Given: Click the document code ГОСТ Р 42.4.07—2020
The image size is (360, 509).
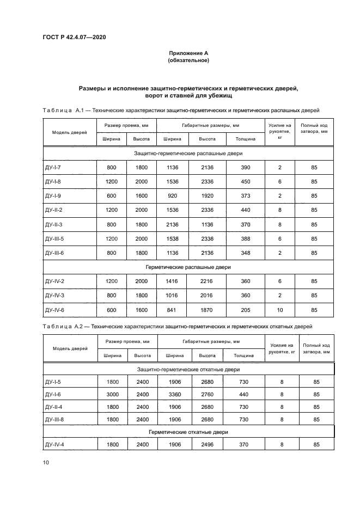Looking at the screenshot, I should coord(75,37).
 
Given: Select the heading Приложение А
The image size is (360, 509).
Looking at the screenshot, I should coord(188,53).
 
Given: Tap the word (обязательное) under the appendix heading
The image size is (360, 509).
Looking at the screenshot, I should coord(188,60).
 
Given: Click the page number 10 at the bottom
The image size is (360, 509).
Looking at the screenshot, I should coord(46,462).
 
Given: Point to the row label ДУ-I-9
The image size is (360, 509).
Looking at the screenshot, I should coord(54,195).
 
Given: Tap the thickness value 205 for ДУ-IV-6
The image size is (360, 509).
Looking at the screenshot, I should coord(246,310).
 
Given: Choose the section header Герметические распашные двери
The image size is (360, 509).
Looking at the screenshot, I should coord(188,267).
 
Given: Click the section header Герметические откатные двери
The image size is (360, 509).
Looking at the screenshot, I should coord(188,432).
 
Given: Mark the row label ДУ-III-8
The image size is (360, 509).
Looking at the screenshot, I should coord(55,419).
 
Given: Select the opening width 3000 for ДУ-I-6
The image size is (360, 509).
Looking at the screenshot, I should coord(112,394).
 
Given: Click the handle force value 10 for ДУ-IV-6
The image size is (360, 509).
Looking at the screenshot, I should coord(280,310).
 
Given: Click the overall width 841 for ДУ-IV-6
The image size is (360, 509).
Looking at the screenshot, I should coord(171,310).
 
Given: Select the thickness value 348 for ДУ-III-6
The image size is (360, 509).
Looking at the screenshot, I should coord(246,252).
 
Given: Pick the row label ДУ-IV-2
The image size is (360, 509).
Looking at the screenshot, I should coord(56,281).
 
